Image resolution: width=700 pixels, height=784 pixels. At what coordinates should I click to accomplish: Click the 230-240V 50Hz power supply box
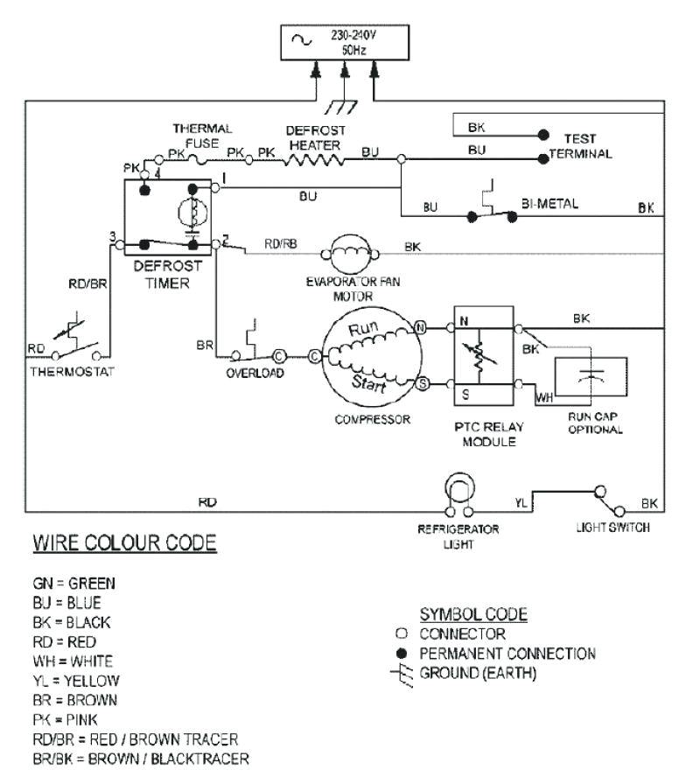343,44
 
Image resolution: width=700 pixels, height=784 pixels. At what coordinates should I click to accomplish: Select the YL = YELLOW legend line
76,681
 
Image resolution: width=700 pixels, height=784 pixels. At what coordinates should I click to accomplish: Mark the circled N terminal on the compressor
420,328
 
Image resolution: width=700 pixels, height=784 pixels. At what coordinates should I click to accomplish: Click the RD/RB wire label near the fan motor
280,246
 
